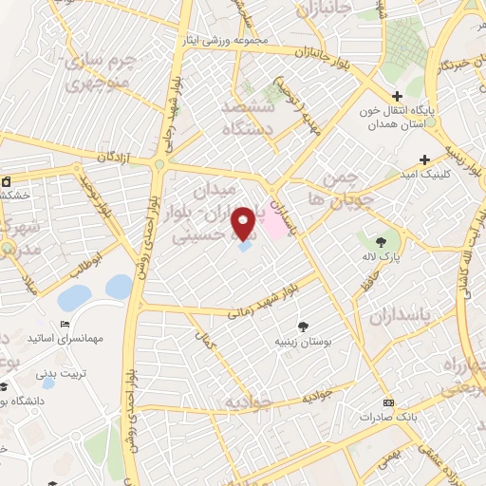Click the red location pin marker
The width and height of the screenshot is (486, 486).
[243, 223]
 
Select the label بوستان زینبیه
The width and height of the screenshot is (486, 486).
[302, 340]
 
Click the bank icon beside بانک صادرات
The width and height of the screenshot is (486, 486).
[386, 402]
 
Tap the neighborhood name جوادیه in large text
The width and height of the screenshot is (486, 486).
[251, 403]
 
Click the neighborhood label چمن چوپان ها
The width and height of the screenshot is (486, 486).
[329, 187]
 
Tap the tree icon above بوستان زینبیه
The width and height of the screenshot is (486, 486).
[303, 326]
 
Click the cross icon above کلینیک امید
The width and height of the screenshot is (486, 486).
[424, 159]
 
